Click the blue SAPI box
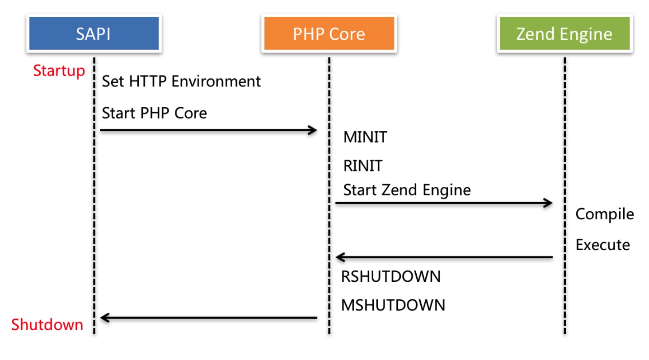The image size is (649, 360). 94,33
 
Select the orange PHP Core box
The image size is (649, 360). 329,33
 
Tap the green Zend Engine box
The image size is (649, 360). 564,33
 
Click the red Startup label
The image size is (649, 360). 59,71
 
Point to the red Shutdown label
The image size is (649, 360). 47,325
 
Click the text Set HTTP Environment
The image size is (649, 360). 181,81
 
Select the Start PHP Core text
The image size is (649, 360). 154,113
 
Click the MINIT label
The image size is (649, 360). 365,137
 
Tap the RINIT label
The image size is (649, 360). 363,166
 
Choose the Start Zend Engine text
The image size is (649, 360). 407,189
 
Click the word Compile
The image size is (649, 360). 604,214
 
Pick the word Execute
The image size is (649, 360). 602,245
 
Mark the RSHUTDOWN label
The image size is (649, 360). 390,276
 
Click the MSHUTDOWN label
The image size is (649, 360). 393,305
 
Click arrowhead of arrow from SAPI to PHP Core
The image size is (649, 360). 313,130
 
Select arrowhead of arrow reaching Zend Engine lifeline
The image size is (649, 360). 548,203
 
